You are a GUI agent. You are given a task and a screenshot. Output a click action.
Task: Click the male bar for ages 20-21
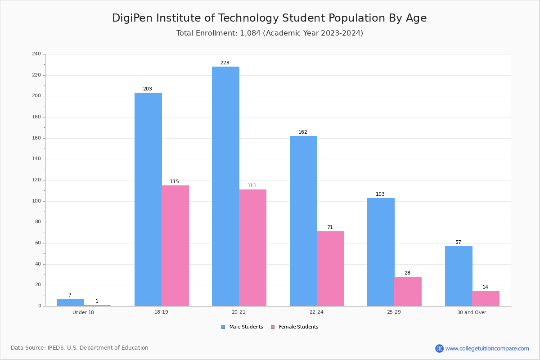(x=225, y=186)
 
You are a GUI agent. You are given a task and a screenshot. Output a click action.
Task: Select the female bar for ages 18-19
(x=175, y=246)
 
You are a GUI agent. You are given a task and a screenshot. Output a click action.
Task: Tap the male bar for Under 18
(x=70, y=302)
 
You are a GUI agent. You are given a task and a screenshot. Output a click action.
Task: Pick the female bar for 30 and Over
(x=486, y=298)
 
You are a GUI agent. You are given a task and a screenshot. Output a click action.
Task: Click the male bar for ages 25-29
(x=381, y=252)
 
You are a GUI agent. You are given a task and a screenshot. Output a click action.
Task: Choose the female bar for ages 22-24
(x=330, y=269)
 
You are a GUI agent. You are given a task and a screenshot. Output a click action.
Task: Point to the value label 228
(x=225, y=63)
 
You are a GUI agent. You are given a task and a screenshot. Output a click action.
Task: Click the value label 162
(x=303, y=132)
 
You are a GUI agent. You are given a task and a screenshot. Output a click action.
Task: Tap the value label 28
(x=407, y=273)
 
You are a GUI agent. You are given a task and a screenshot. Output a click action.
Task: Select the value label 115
(x=175, y=181)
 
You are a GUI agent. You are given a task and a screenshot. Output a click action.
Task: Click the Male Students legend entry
(x=242, y=327)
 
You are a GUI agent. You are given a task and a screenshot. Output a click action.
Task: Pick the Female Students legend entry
(x=295, y=327)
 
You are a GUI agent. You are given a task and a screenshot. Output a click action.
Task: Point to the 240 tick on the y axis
(x=36, y=54)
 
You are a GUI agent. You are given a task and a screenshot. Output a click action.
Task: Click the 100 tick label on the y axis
(x=36, y=201)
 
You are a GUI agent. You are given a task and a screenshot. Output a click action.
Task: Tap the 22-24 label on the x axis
(x=316, y=312)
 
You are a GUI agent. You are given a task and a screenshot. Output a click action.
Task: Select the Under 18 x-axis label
(x=83, y=312)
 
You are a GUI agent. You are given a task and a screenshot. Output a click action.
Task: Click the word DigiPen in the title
(x=132, y=18)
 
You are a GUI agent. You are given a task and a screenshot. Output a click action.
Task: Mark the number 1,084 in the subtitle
(x=250, y=33)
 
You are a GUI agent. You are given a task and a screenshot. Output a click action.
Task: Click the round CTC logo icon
(x=439, y=348)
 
